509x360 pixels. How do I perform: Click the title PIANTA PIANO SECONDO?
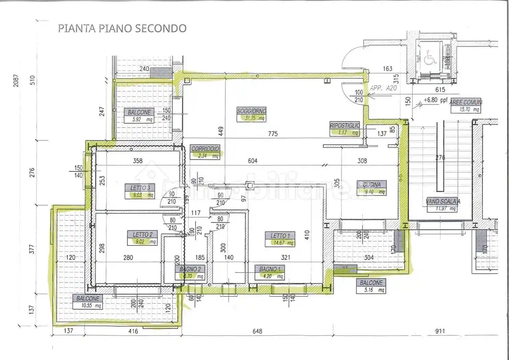pyautogui.click(x=122, y=28)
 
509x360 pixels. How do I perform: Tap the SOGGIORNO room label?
pyautogui.click(x=251, y=111)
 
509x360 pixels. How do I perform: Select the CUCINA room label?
pyautogui.click(x=372, y=184)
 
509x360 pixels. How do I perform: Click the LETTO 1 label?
pyautogui.click(x=280, y=236)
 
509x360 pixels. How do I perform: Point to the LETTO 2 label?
pyautogui.click(x=142, y=235)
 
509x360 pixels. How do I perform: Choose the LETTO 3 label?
pyautogui.click(x=140, y=188)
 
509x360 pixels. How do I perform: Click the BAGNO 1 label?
pyautogui.click(x=270, y=269)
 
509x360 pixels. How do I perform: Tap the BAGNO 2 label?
pyautogui.click(x=190, y=269)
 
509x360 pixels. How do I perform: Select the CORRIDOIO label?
pyautogui.click(x=205, y=149)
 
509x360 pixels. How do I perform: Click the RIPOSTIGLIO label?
pyautogui.click(x=345, y=125)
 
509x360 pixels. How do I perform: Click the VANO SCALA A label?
pyautogui.click(x=443, y=202)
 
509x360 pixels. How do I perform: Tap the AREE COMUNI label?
pyautogui.click(x=466, y=102)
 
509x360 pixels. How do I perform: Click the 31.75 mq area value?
pyautogui.click(x=254, y=118)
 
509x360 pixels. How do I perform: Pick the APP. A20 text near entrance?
pyautogui.click(x=383, y=88)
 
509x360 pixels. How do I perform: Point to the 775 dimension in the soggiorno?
pyautogui.click(x=273, y=134)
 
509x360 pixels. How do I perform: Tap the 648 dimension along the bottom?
pyautogui.click(x=257, y=331)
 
